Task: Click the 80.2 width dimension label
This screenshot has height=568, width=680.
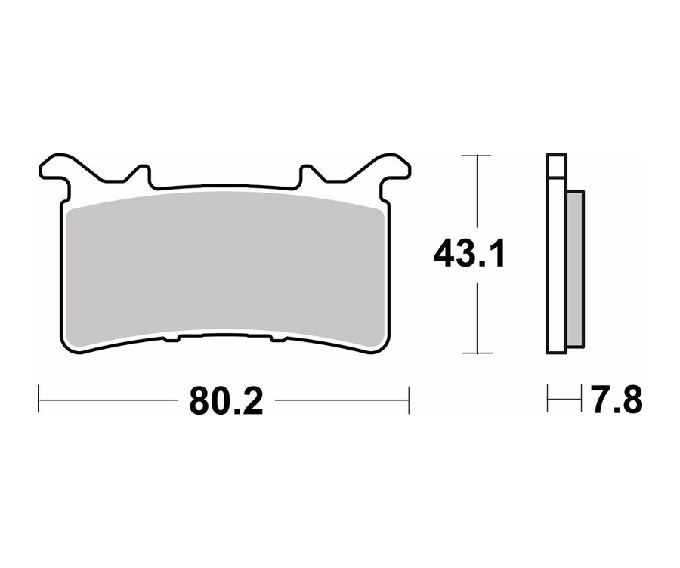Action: tap(226, 400)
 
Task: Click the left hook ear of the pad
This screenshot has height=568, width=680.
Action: tap(57, 167)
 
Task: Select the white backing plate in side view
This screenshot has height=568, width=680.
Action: tap(555, 264)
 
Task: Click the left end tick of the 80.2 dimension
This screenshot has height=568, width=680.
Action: tap(39, 400)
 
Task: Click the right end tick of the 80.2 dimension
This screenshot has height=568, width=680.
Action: tap(409, 400)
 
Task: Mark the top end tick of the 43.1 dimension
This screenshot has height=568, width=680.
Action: tap(476, 156)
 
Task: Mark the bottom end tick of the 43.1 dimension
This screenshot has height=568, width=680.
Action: tap(476, 353)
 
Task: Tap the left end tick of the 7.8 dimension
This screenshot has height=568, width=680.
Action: tap(548, 400)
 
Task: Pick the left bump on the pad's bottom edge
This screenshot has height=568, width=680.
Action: tap(172, 338)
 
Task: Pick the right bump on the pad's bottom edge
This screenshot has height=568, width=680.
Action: tap(277, 338)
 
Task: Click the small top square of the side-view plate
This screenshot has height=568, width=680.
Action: tap(555, 165)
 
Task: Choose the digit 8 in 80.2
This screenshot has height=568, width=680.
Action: tap(201, 400)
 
